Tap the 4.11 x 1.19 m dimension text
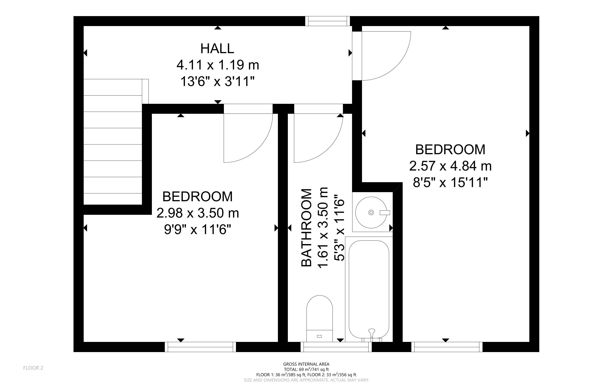pyautogui.click(x=218, y=65)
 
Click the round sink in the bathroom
pyautogui.click(x=371, y=212)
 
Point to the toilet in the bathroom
pyautogui.click(x=320, y=319)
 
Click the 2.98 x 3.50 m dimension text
pyautogui.click(x=198, y=213)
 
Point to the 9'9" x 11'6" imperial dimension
pyautogui.click(x=198, y=230)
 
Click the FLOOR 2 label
pyautogui.click(x=33, y=368)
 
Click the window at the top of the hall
pyautogui.click(x=327, y=21)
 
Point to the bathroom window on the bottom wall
pyautogui.click(x=336, y=347)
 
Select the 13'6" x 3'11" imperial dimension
pyautogui.click(x=218, y=82)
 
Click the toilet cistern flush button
pyautogui.click(x=319, y=336)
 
